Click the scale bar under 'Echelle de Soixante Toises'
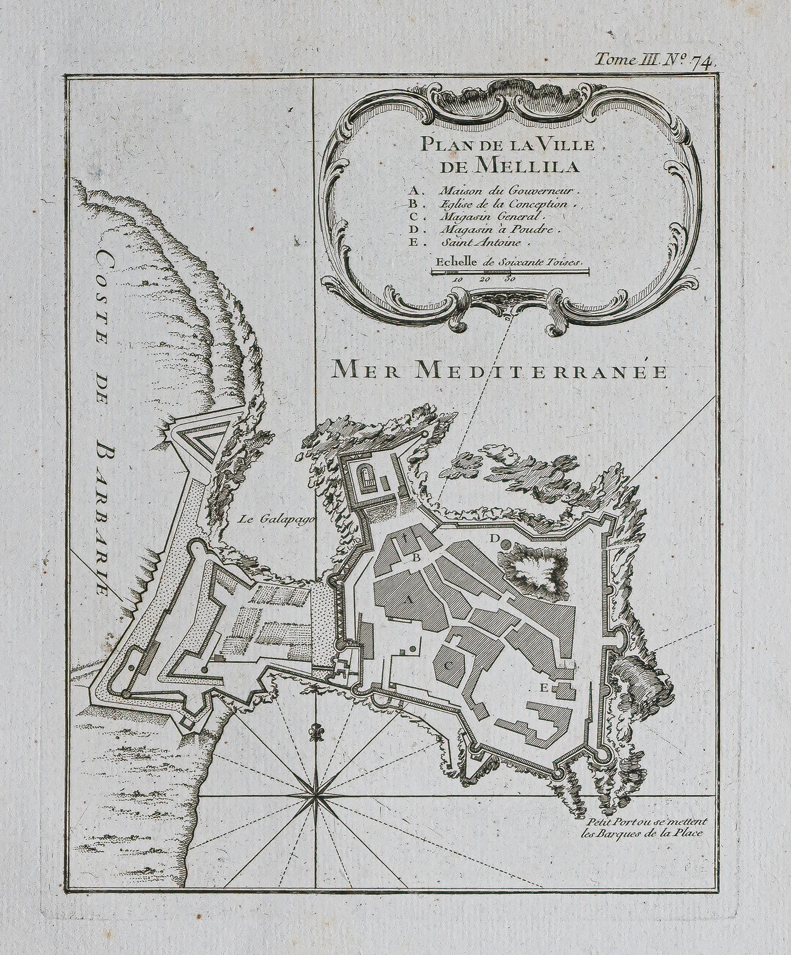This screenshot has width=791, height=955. point(510,272)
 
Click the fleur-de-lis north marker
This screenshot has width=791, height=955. point(317,734)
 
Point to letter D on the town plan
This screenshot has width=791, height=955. point(495,540)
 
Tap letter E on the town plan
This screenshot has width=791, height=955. point(544,687)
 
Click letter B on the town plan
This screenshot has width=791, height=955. point(417,558)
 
